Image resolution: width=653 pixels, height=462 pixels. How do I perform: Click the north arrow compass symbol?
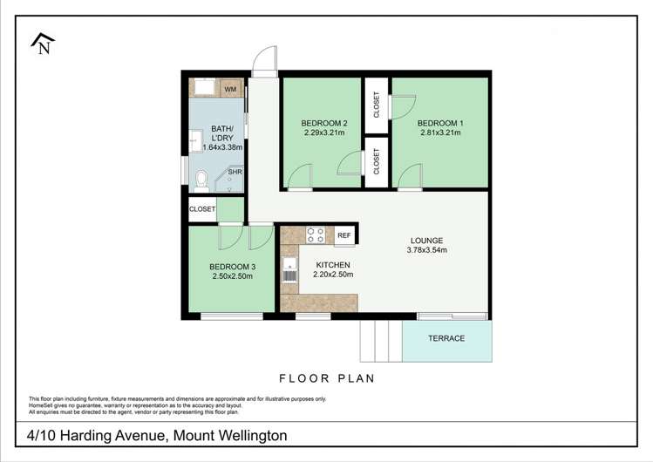[x=41, y=44]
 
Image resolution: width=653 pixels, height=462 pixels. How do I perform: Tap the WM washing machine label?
[x=230, y=89]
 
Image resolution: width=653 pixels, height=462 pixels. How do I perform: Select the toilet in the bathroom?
[x=201, y=178]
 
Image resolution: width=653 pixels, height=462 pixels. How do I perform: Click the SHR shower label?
[x=235, y=173]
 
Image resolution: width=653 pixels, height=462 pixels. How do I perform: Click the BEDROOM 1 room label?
[x=439, y=123]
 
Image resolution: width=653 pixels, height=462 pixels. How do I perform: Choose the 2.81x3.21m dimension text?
[x=439, y=133]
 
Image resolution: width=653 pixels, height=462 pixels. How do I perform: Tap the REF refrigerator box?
[x=344, y=235]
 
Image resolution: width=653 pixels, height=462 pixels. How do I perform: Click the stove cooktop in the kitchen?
[x=315, y=235]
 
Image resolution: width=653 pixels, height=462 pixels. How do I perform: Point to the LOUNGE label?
[x=427, y=241]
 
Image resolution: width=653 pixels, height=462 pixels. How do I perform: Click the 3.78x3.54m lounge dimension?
[x=426, y=251]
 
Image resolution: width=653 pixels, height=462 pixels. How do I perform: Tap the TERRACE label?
[x=446, y=338]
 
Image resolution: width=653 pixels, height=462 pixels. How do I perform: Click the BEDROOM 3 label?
[x=232, y=267]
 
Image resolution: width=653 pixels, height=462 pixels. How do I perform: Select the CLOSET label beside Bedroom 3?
[x=201, y=209]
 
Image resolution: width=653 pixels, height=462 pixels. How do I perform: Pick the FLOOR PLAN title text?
[x=326, y=378]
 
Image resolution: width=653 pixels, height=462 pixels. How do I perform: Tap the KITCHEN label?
[x=332, y=265]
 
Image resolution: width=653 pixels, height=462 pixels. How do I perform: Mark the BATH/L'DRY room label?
[x=221, y=137]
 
